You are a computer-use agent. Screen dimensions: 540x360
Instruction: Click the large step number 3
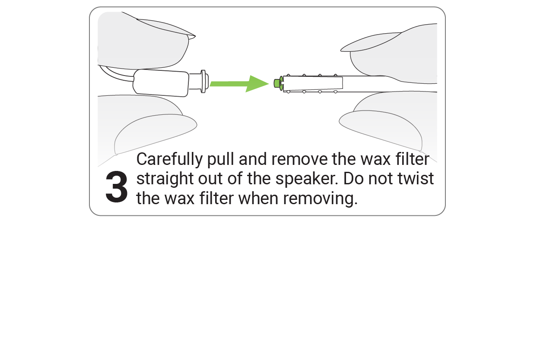pyautogui.click(x=117, y=186)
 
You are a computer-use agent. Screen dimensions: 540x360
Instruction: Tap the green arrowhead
pyautogui.click(x=257, y=84)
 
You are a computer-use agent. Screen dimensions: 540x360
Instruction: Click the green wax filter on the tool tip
pyautogui.click(x=278, y=83)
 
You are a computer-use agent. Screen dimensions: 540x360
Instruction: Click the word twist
pyautogui.click(x=416, y=179)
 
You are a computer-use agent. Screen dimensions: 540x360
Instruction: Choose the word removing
pyautogui.click(x=320, y=199)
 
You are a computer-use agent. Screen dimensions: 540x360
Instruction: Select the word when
pyautogui.click(x=258, y=199)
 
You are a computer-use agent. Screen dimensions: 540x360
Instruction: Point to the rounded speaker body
pyautogui.click(x=161, y=83)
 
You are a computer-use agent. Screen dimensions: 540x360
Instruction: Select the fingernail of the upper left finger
pyautogui.click(x=166, y=28)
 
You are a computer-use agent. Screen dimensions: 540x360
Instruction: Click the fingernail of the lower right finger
pyautogui.click(x=381, y=130)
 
